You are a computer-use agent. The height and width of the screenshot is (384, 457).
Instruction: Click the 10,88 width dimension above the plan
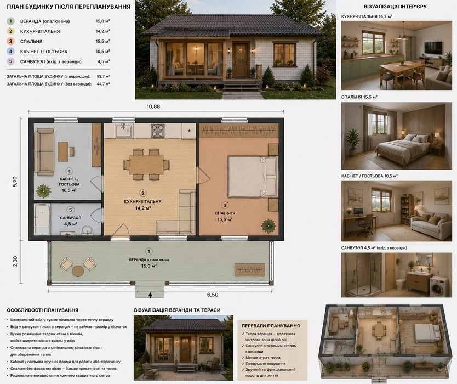(153, 106)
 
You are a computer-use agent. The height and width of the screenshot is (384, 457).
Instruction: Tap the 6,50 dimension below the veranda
(213, 295)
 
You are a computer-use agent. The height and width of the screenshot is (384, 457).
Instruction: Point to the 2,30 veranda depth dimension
(15, 261)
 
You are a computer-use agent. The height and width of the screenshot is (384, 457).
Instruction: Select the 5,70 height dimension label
(15, 182)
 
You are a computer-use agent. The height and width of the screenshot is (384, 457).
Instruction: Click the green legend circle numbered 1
(11, 21)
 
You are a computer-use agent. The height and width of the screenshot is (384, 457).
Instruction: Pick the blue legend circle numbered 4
(11, 52)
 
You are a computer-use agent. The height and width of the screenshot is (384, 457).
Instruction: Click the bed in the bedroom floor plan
(253, 177)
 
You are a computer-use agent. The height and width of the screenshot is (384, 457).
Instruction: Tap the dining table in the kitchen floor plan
(146, 165)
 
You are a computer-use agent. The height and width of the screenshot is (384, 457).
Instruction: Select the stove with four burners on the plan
(157, 131)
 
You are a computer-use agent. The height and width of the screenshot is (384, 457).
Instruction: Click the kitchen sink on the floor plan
(124, 131)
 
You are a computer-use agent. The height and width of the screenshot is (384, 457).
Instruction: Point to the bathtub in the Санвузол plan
(43, 219)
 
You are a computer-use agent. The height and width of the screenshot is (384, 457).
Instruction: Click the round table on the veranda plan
(78, 271)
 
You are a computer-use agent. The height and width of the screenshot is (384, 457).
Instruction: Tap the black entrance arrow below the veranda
(150, 295)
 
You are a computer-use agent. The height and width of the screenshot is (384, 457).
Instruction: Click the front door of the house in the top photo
(241, 60)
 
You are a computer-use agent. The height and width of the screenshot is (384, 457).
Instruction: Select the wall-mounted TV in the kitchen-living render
(433, 48)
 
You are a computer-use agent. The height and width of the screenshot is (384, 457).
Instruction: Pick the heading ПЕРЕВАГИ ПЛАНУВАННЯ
(271, 326)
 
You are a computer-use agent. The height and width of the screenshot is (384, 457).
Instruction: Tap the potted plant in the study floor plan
(43, 191)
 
